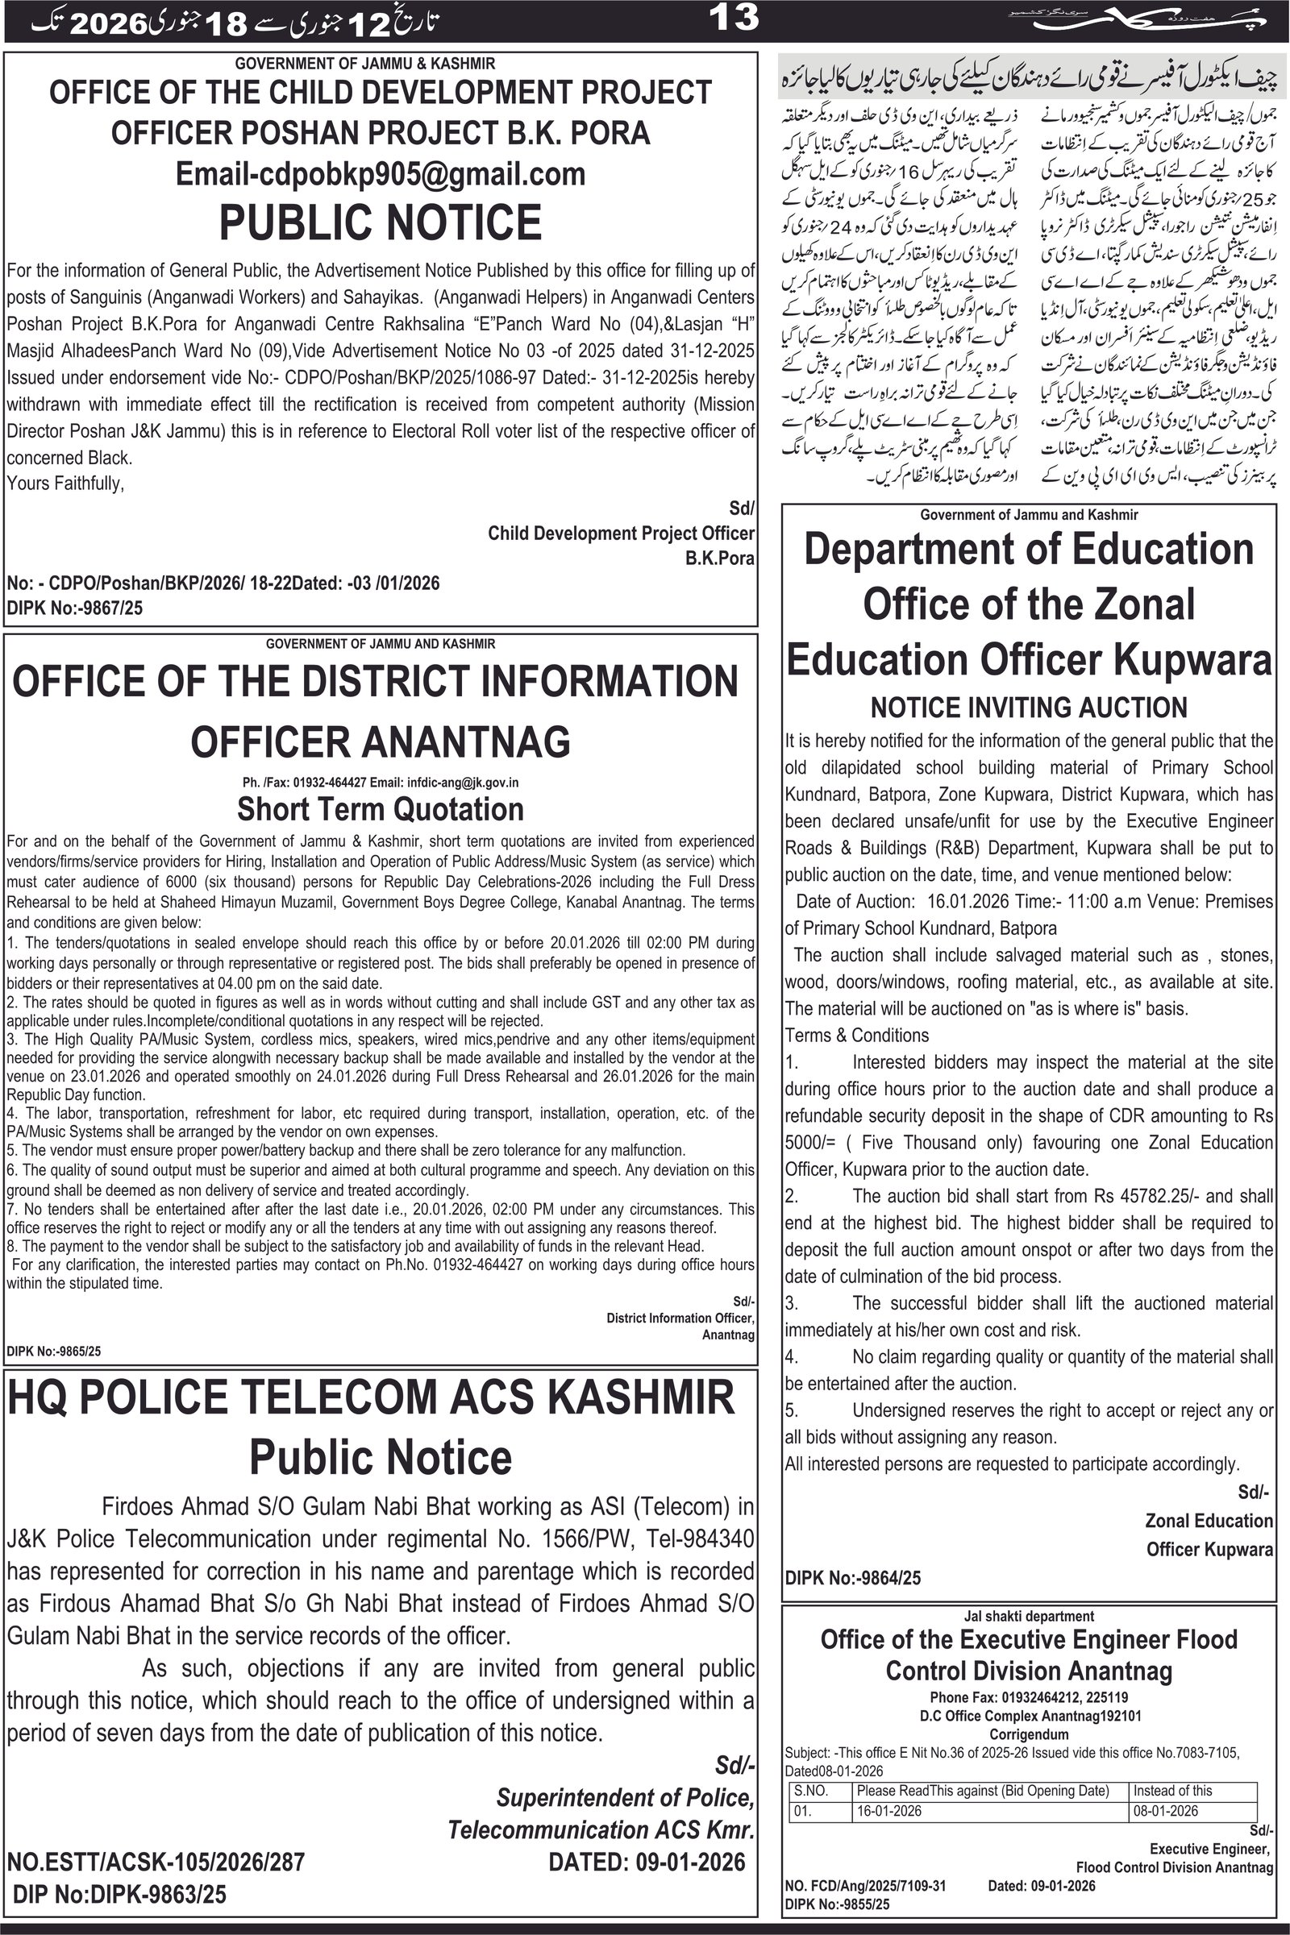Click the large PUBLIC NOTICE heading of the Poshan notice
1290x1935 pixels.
[380, 222]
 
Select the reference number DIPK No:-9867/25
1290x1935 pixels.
[75, 608]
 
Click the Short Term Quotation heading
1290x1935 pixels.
[380, 809]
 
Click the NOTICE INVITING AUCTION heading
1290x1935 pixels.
[1029, 708]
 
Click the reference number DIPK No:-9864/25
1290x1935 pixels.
[853, 1578]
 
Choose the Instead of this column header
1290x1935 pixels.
[1172, 1791]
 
